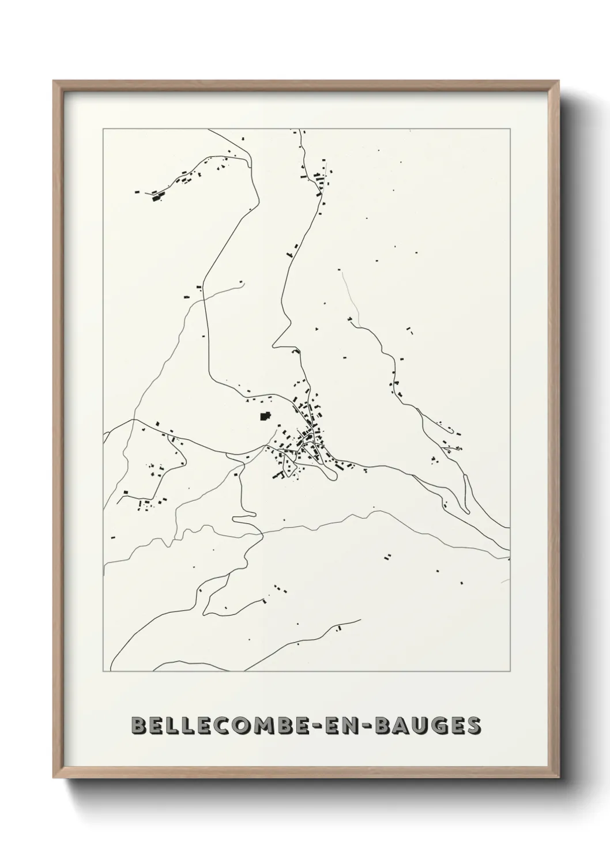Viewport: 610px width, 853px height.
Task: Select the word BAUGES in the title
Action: click(x=428, y=725)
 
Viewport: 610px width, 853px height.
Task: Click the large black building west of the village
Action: click(x=265, y=416)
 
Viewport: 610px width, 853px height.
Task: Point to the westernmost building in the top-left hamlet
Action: click(x=137, y=192)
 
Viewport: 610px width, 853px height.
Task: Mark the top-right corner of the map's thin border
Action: click(x=510, y=129)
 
